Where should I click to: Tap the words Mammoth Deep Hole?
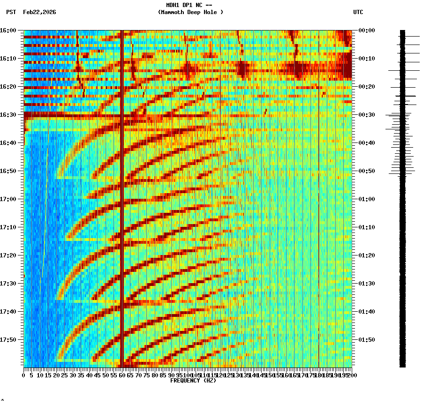click(x=190, y=12)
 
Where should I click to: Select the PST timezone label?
click(x=11, y=12)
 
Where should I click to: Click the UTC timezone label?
click(x=358, y=12)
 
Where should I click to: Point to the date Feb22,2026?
click(x=39, y=12)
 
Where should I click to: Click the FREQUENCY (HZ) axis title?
click(x=193, y=381)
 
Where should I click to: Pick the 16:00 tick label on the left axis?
click(x=8, y=30)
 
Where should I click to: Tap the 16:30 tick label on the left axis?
click(x=8, y=115)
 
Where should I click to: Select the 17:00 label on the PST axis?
click(x=8, y=199)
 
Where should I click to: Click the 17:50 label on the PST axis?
click(x=8, y=340)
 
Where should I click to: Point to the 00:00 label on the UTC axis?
click(x=367, y=30)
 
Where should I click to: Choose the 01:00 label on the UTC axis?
click(x=367, y=199)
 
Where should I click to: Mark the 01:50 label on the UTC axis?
click(x=367, y=340)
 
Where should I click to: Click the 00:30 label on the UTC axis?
click(x=367, y=115)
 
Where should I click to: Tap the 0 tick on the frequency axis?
click(x=24, y=375)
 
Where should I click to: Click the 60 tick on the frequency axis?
click(x=121, y=375)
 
